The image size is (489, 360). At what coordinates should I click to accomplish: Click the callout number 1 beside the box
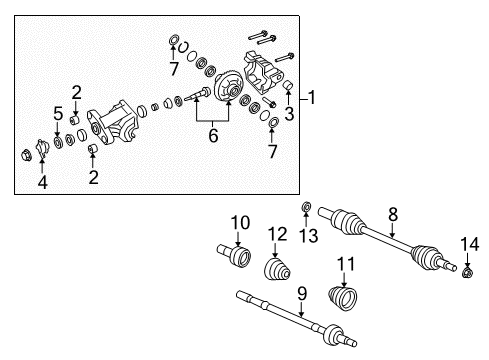point(313,98)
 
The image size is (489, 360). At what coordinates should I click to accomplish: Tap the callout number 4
point(43,182)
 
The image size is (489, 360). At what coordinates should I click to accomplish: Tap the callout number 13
point(305,238)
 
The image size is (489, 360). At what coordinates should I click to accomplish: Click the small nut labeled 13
point(306,209)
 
